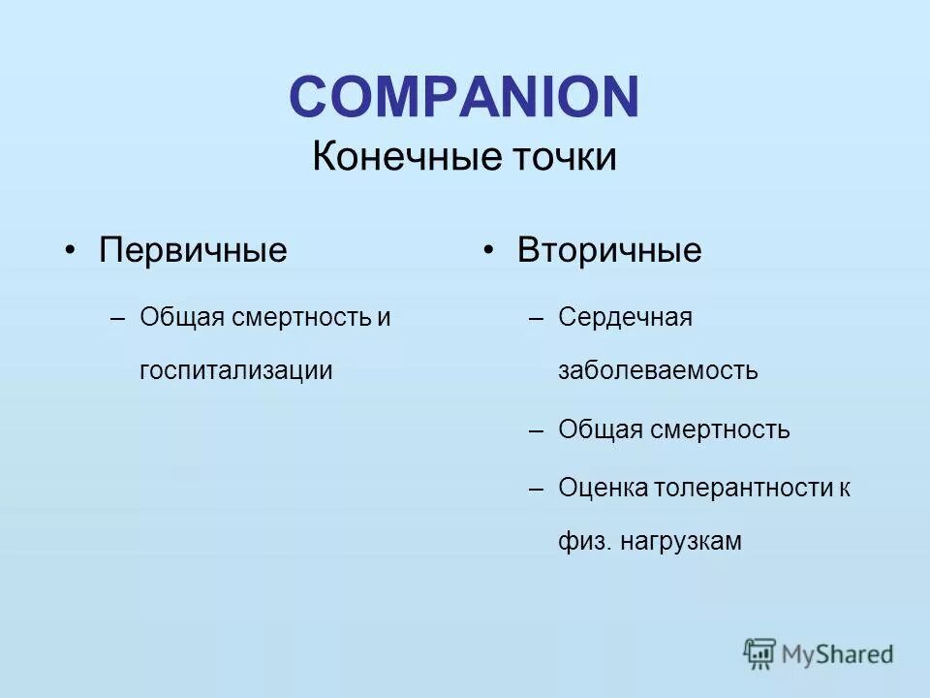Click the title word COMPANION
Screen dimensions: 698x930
point(464,98)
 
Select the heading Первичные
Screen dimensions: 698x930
point(194,250)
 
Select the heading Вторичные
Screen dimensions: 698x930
point(609,250)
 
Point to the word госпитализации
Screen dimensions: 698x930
point(236,370)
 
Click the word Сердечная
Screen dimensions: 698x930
point(625,317)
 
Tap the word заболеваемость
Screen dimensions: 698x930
point(658,370)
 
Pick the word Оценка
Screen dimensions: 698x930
point(604,487)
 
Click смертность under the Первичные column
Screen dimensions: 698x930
point(301,317)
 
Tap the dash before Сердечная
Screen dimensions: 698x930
point(538,318)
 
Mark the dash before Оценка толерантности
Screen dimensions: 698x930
point(538,488)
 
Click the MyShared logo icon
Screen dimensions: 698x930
point(760,653)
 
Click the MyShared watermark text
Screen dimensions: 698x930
point(838,654)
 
